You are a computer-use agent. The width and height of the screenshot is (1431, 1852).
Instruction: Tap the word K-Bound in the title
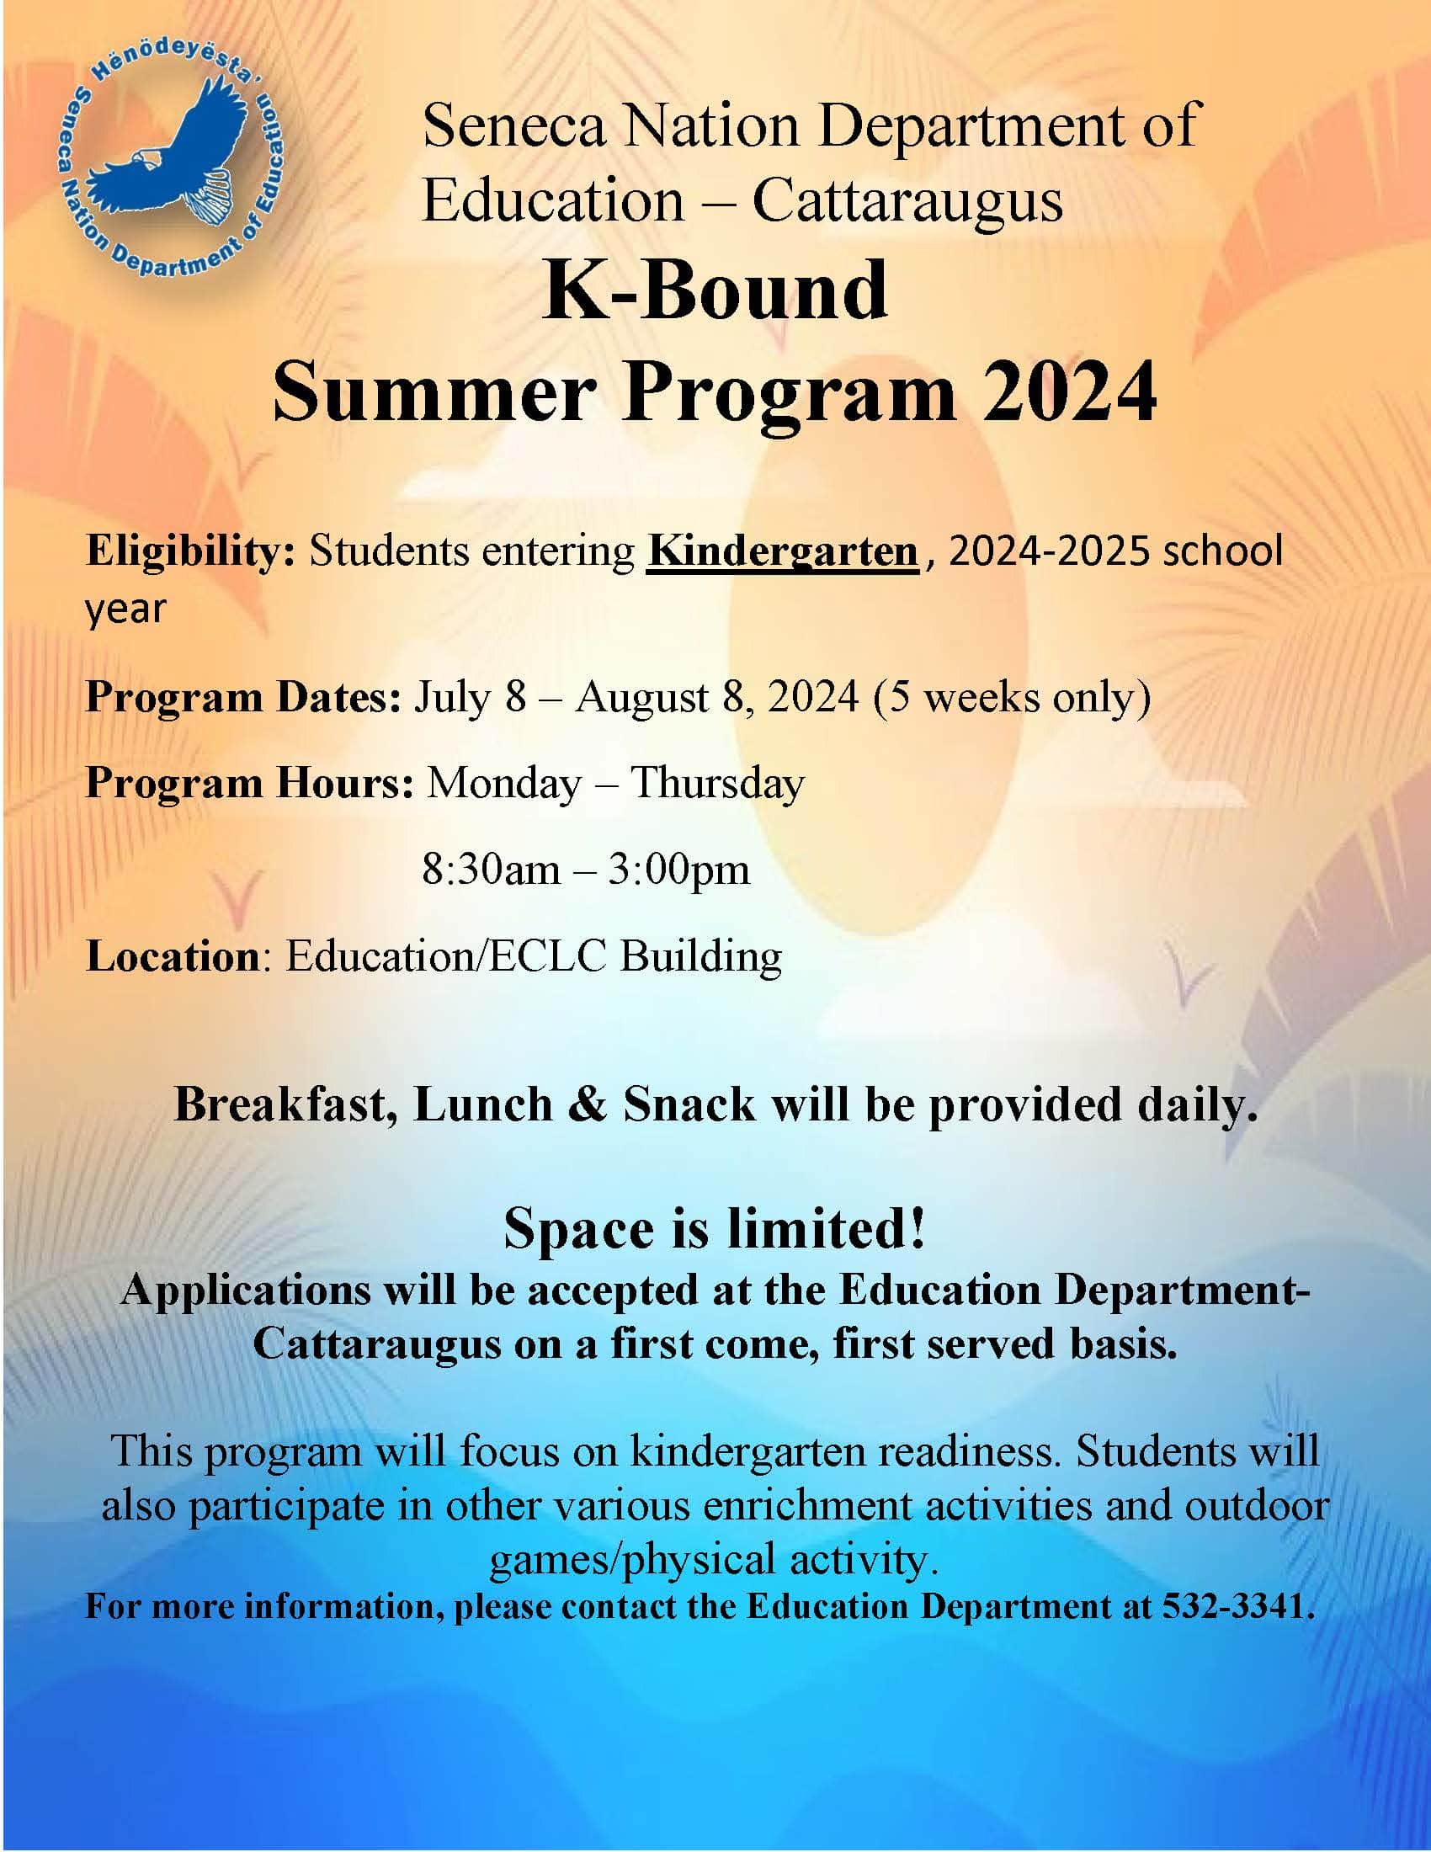pos(715,290)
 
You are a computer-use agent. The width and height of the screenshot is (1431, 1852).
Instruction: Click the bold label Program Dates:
pos(243,698)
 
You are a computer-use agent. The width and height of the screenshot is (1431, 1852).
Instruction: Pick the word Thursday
pos(717,785)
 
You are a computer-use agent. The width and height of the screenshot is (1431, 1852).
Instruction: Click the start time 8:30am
pos(491,870)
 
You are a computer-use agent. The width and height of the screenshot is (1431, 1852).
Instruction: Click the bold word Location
pos(172,956)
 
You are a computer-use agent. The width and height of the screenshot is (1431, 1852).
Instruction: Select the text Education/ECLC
pos(446,956)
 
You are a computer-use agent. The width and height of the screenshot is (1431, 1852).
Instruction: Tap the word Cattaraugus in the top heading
pos(907,201)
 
